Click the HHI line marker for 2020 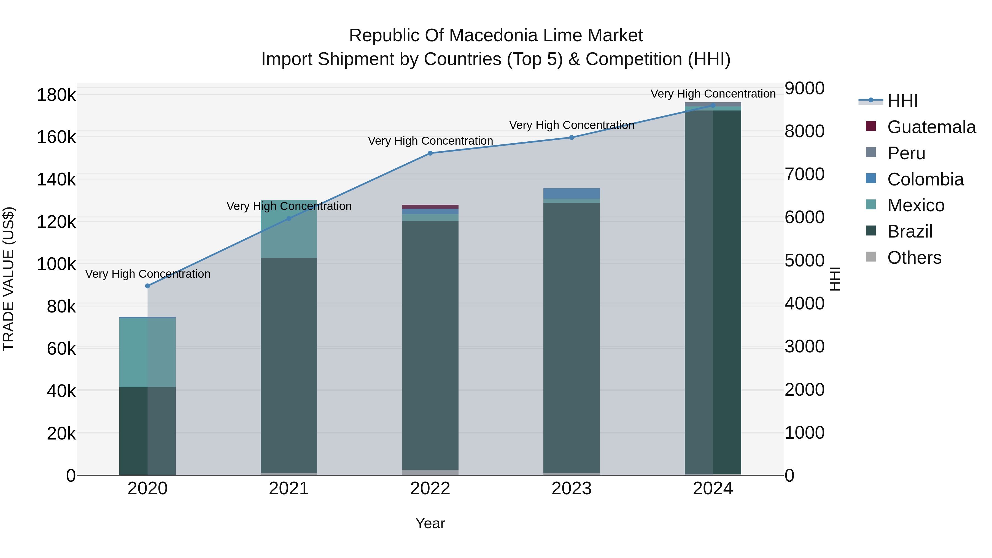[147, 286]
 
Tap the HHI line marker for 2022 [430, 153]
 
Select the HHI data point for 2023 [572, 138]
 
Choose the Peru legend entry [906, 153]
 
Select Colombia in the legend [925, 179]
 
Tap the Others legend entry [914, 258]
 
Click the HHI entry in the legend [902, 101]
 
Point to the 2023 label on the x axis [572, 489]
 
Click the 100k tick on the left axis [56, 264]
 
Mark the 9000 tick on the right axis [804, 88]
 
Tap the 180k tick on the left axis [56, 95]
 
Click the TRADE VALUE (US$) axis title [9, 279]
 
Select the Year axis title [430, 523]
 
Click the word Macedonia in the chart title [494, 36]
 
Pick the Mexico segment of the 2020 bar [147, 352]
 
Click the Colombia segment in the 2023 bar [572, 193]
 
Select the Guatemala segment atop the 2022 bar [430, 207]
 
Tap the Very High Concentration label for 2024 [713, 94]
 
